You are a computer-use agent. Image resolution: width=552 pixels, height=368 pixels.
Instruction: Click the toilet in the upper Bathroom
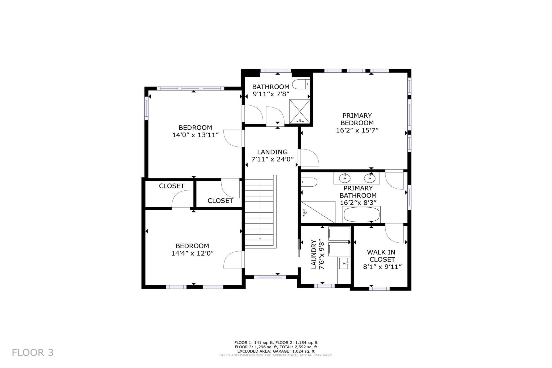301,85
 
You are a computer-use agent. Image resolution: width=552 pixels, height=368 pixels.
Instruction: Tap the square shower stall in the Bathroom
300,111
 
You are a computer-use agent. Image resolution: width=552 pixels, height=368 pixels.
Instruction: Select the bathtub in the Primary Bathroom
361,215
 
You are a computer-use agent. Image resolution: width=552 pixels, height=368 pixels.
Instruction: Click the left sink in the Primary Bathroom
344,178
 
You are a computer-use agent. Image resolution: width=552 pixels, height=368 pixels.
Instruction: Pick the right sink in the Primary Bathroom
369,178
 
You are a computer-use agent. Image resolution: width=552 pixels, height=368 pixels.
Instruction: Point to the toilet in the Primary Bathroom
309,182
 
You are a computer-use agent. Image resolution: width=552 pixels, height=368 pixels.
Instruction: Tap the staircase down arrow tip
260,239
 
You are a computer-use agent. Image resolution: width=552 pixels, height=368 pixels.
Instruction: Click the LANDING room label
272,152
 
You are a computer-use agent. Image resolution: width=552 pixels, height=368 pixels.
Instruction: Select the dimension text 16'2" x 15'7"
357,130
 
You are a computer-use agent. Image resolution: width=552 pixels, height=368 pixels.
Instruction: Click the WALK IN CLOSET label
381,256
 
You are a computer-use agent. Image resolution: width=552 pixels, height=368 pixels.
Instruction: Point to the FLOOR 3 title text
33,353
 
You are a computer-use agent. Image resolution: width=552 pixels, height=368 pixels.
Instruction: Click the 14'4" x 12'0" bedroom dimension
193,253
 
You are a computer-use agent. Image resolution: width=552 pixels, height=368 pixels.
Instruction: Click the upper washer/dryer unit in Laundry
339,234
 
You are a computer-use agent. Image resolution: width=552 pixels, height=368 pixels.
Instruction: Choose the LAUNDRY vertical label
314,254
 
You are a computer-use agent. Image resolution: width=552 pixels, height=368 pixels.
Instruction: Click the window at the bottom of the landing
270,277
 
